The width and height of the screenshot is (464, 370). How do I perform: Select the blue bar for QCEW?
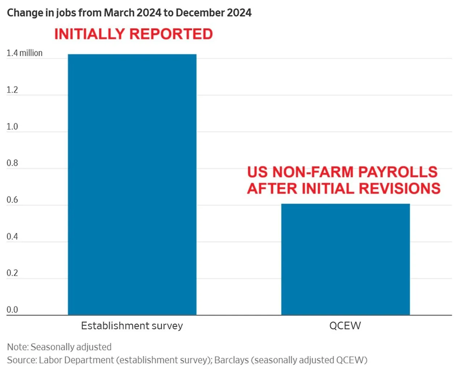[345, 259]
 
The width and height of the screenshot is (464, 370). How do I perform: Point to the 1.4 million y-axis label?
[24, 53]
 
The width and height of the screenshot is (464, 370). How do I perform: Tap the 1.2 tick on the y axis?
[12, 90]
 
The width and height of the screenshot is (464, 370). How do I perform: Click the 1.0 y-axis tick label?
[12, 127]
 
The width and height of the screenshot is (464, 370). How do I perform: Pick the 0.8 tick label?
[12, 163]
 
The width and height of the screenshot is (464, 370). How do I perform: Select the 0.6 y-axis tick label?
[12, 200]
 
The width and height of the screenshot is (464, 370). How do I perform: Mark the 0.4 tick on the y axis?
[12, 237]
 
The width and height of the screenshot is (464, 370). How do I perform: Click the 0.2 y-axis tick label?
[12, 273]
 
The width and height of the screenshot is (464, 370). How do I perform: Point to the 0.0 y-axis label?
[12, 310]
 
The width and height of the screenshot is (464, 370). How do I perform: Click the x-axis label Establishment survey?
[132, 326]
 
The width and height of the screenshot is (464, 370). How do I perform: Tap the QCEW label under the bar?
[345, 326]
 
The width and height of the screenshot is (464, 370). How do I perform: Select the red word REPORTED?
[171, 34]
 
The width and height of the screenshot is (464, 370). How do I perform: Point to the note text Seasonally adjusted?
[71, 347]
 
